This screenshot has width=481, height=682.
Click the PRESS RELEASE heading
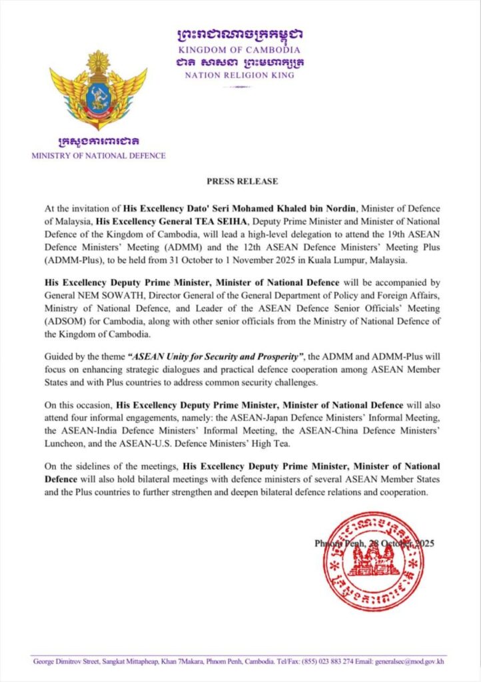pyautogui.click(x=242, y=181)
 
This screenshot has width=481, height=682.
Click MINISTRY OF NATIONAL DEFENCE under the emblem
pyautogui.click(x=99, y=156)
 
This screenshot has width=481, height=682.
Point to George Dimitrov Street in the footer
pyautogui.click(x=67, y=661)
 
